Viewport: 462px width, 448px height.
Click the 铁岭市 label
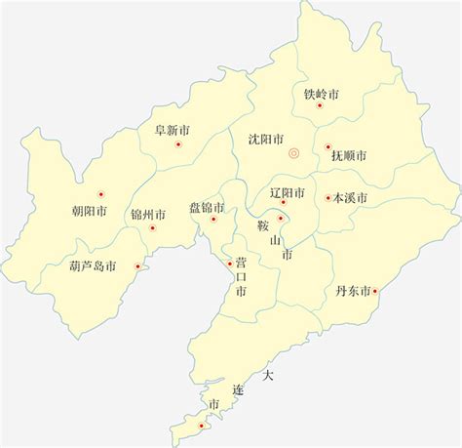(321, 95)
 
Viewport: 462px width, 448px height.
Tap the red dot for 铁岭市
(319, 105)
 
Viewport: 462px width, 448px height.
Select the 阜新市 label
(173, 128)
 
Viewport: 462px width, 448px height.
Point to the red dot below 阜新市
(177, 144)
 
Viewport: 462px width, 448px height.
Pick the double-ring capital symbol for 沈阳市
(293, 154)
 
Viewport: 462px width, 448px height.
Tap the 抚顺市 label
(348, 155)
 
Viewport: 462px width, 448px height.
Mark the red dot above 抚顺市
(327, 147)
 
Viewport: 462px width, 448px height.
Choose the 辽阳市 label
(288, 192)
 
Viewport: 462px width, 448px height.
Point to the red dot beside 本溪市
(328, 198)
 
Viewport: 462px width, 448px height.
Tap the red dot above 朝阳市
(100, 193)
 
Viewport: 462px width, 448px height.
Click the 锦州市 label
(148, 215)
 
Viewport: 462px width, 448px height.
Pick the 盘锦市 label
(207, 207)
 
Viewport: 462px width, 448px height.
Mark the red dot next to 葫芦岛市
(137, 265)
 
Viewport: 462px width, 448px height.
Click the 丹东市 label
(353, 291)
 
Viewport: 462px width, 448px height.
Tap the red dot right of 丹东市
(376, 290)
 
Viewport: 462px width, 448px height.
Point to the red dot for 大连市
(202, 425)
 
